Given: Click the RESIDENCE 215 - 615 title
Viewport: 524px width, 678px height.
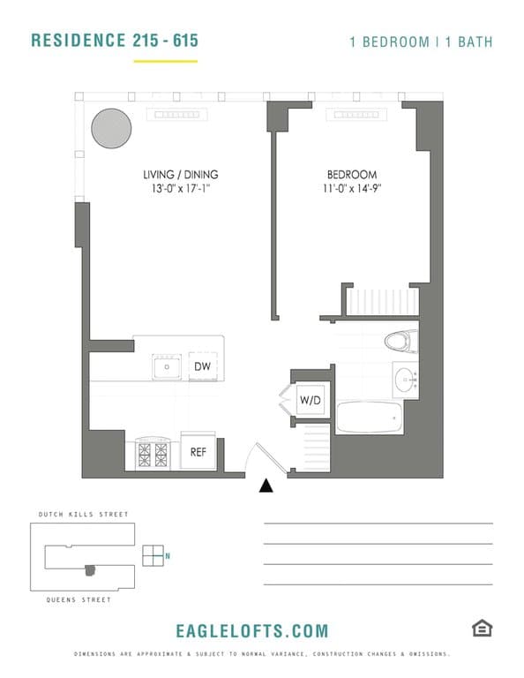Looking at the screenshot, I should (115, 41).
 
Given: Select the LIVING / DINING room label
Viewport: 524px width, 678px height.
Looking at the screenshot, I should (180, 174).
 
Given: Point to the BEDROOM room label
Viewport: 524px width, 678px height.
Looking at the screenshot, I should (353, 175).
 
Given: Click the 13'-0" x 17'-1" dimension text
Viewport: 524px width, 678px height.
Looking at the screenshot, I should (180, 189).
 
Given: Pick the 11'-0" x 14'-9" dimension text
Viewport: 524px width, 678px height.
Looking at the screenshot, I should (353, 189).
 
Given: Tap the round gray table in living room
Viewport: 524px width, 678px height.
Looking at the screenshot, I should (112, 129).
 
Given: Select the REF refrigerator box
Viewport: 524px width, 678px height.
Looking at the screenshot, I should (198, 451).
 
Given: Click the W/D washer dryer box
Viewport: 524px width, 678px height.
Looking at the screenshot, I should (311, 401).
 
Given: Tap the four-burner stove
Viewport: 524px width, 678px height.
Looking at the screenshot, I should (152, 454).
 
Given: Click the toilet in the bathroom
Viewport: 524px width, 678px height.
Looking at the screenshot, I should (400, 340).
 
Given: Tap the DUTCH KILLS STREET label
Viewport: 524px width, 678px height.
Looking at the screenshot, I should (84, 514).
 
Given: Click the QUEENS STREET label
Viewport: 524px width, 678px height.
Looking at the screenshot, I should (79, 600).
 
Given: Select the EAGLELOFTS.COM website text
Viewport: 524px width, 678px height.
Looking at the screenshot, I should (252, 630).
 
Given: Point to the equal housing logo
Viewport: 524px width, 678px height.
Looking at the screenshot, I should (482, 628).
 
